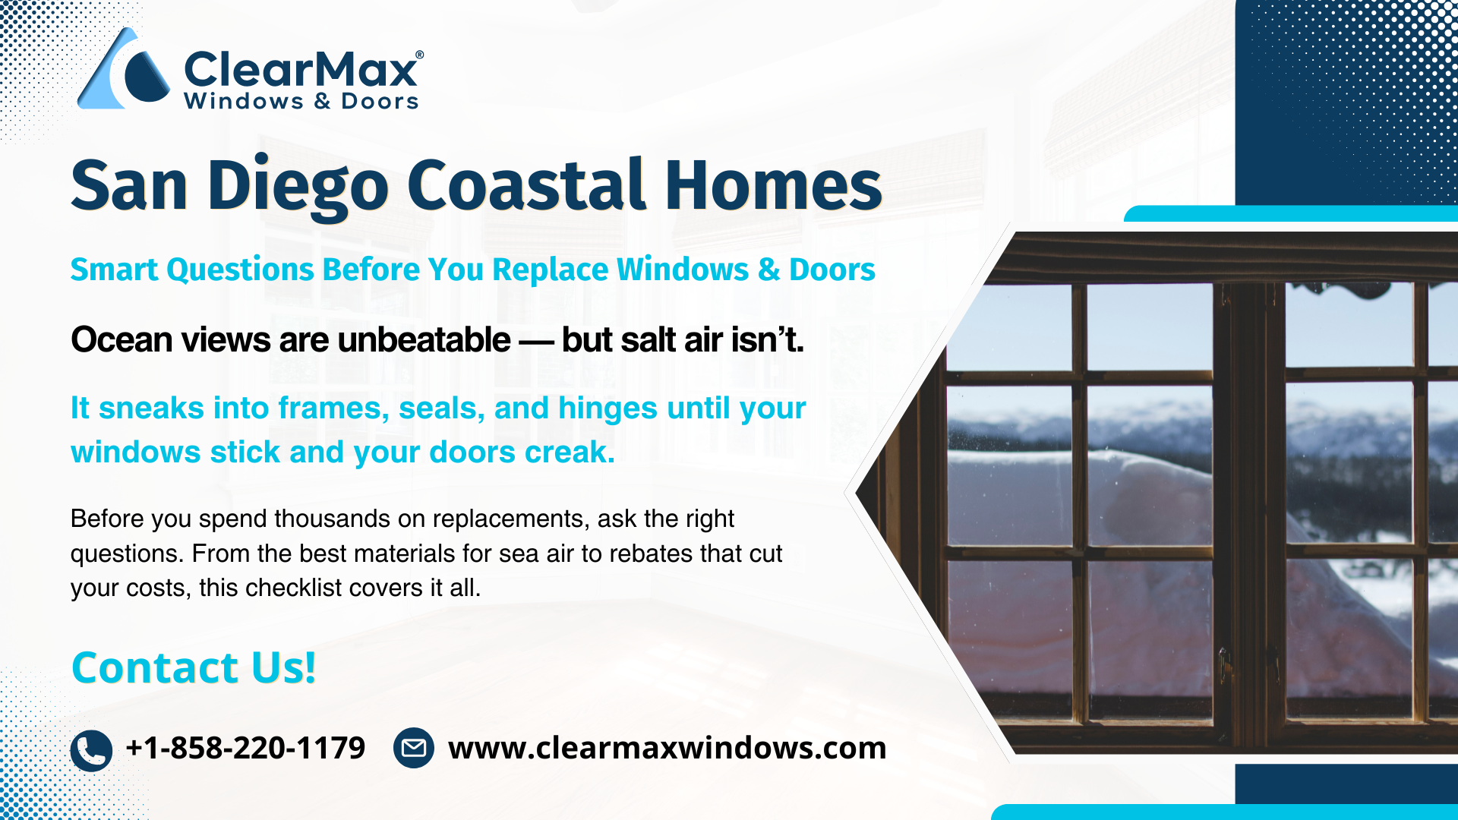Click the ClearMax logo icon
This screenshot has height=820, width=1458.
[x=123, y=70]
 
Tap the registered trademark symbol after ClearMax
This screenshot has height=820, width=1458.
[x=420, y=55]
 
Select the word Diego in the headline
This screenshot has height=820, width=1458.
[x=298, y=187]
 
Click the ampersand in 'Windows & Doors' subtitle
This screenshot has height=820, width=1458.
[x=769, y=270]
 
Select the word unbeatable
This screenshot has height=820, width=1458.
[x=424, y=339]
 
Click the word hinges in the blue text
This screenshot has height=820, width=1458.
[x=607, y=409]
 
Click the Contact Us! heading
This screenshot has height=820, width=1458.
[x=194, y=668]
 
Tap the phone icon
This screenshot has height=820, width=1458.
[x=91, y=751]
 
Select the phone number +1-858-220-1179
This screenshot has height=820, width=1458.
[x=245, y=748]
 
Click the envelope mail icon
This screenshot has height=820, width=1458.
[x=414, y=748]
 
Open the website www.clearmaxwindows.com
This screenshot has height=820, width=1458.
[x=667, y=748]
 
